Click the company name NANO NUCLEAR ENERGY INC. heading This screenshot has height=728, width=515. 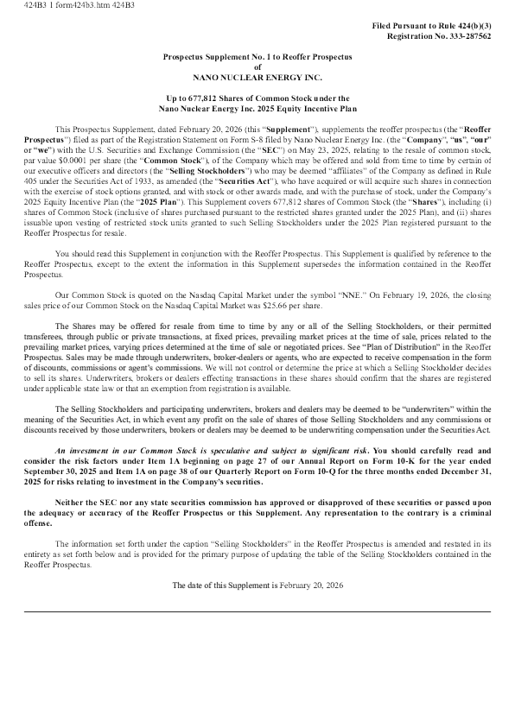pos(257,77)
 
